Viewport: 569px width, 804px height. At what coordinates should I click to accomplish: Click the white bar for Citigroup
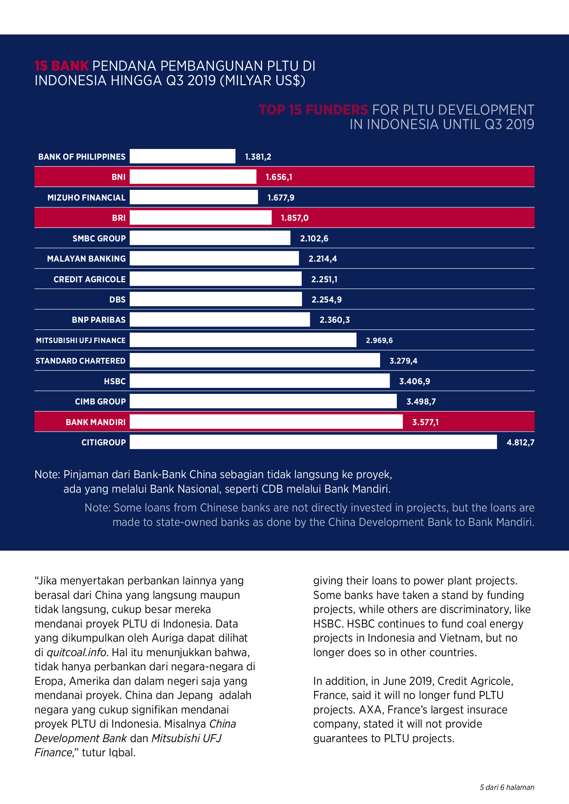coord(313,442)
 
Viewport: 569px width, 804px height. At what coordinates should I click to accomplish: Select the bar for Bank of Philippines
coord(182,156)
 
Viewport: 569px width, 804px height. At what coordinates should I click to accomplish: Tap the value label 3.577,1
coord(425,422)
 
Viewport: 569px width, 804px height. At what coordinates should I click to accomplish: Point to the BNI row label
coord(119,177)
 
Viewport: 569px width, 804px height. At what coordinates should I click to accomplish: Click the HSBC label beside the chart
coord(115,381)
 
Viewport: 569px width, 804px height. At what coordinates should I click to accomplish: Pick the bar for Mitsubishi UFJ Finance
coord(243,340)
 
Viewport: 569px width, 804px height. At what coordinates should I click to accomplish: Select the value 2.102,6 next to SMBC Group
coord(314,238)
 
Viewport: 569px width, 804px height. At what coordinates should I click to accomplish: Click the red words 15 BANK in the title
coord(62,66)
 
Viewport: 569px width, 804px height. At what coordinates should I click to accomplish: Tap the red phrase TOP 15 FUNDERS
coord(313,110)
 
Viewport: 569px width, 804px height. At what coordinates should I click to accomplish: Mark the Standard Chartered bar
coord(255,361)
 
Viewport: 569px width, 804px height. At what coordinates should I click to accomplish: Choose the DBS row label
coord(117,299)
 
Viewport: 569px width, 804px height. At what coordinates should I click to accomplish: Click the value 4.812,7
coord(520,442)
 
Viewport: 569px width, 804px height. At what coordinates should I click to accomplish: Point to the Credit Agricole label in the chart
coord(89,279)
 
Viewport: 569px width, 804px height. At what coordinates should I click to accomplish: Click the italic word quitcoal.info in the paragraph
coord(76,652)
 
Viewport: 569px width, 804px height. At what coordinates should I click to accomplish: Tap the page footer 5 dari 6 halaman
coord(507,787)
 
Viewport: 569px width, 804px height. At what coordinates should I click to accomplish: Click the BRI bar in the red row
coord(201,218)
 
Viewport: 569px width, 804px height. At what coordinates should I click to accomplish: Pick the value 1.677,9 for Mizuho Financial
coord(281,197)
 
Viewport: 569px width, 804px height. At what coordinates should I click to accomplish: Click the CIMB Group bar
coord(263,401)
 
